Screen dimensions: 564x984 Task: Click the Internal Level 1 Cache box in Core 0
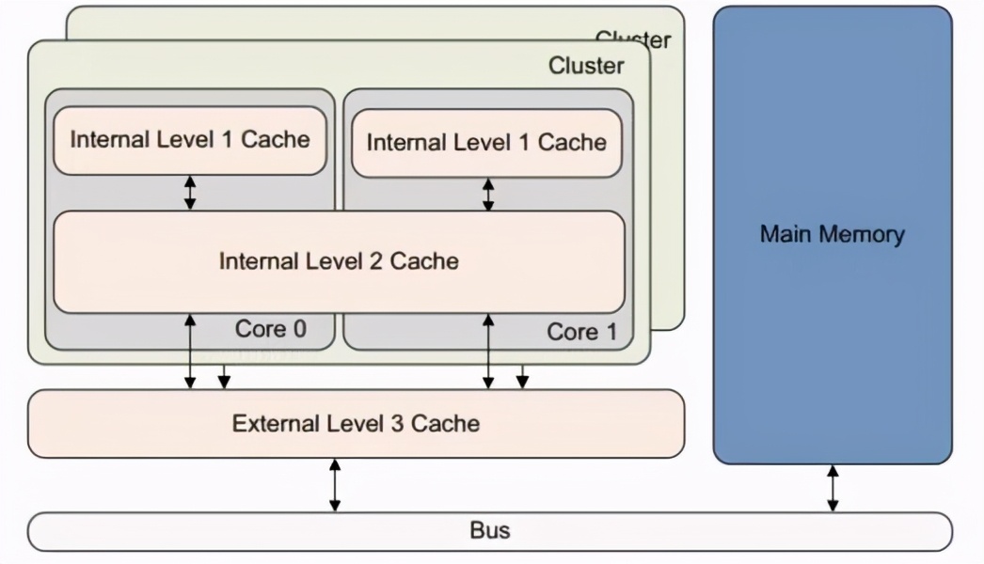[x=189, y=140]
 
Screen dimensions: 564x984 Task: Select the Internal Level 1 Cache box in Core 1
[x=486, y=143]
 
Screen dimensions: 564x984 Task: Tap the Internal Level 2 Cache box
[x=339, y=260]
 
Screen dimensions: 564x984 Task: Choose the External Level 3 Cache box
[x=356, y=424]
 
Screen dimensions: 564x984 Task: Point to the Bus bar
[x=489, y=531]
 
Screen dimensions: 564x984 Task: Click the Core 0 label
[x=270, y=329]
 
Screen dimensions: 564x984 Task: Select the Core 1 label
[x=582, y=332]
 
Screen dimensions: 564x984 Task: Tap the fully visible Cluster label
[x=585, y=66]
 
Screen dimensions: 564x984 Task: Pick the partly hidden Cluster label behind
[x=634, y=39]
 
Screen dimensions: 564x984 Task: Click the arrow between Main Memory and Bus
[x=833, y=489]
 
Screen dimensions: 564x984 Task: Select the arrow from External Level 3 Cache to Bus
[x=334, y=485]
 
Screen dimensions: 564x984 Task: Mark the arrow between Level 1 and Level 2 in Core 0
[x=190, y=193]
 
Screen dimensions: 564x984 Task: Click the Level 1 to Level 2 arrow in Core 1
[x=487, y=195]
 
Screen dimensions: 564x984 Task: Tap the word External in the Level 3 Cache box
[x=270, y=424]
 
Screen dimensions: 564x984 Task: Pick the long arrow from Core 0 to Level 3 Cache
[x=190, y=352]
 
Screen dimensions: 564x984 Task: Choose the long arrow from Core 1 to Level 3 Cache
[x=487, y=352]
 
